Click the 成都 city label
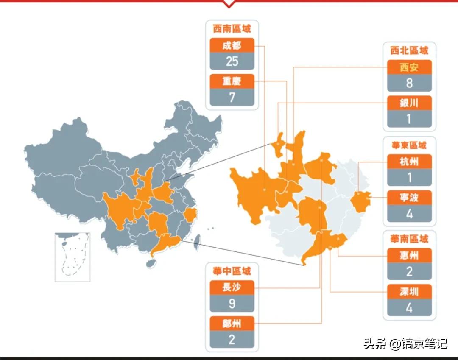tap(232, 45)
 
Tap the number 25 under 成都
tap(232, 61)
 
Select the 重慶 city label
tap(232, 81)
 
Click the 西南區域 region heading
tap(232, 29)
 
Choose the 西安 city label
tap(409, 67)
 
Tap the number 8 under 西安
tap(409, 83)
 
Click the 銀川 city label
tap(409, 103)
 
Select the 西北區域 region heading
tap(409, 51)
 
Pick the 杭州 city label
tap(409, 162)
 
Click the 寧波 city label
tap(409, 197)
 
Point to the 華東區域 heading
tap(409, 145)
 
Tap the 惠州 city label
tap(409, 255)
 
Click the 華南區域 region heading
tap(409, 239)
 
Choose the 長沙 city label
tap(232, 287)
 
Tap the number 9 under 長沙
tap(232, 304)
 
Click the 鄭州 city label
tap(232, 324)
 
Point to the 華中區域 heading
tap(232, 271)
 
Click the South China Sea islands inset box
tap(73, 257)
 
